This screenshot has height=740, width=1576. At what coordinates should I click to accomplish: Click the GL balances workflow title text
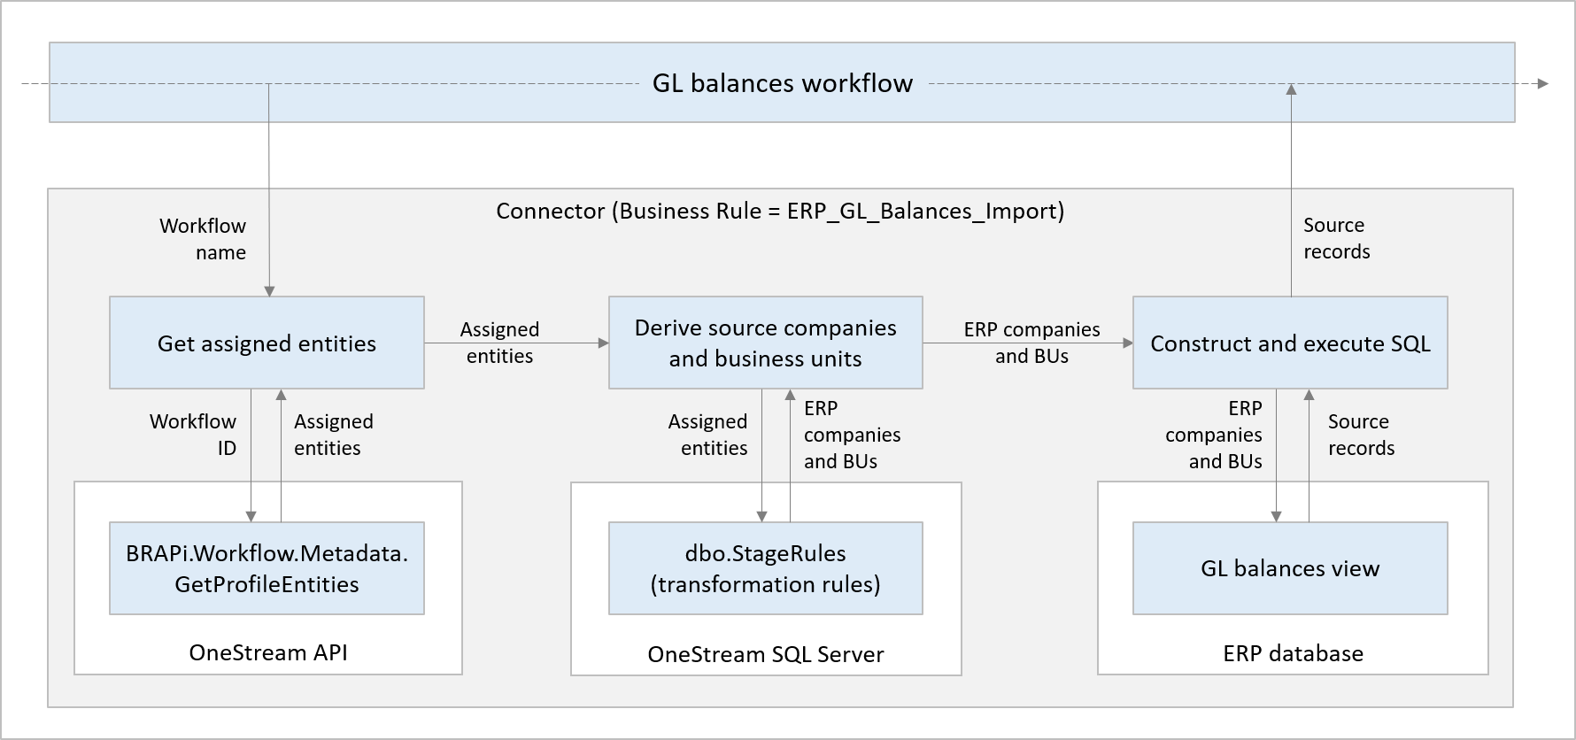click(x=782, y=83)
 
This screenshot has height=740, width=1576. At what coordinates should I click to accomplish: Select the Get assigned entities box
click(x=267, y=343)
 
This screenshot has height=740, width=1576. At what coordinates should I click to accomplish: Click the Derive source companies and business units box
click(x=765, y=343)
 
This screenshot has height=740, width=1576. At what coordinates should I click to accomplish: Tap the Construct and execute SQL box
click(x=1289, y=343)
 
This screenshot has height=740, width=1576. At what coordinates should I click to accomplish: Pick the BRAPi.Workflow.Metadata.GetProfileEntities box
click(x=267, y=568)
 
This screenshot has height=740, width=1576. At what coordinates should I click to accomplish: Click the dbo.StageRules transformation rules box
click(x=765, y=568)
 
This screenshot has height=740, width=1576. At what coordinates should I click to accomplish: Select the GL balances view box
click(x=1289, y=568)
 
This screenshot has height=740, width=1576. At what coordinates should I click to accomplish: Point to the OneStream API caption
click(x=268, y=653)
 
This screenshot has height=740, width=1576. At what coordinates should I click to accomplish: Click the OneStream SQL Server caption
click(x=765, y=655)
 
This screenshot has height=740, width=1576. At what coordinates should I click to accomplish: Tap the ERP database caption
click(x=1293, y=654)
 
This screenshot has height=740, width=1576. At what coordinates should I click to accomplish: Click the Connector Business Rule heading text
click(x=779, y=211)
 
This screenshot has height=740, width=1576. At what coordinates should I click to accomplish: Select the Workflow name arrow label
click(x=204, y=239)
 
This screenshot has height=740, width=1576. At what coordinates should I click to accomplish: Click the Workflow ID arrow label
click(x=194, y=435)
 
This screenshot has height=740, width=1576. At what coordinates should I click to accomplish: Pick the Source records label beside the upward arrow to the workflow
click(x=1336, y=238)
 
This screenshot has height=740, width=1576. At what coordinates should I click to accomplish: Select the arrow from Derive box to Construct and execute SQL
click(x=1027, y=343)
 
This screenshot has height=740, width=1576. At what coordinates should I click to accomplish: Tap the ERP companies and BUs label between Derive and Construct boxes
click(x=1031, y=343)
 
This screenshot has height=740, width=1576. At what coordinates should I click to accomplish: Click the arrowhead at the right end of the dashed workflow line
click(x=1543, y=84)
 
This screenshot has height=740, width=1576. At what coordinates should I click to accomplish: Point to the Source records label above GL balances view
click(x=1361, y=435)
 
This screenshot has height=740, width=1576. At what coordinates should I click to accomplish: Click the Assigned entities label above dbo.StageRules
click(x=708, y=435)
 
